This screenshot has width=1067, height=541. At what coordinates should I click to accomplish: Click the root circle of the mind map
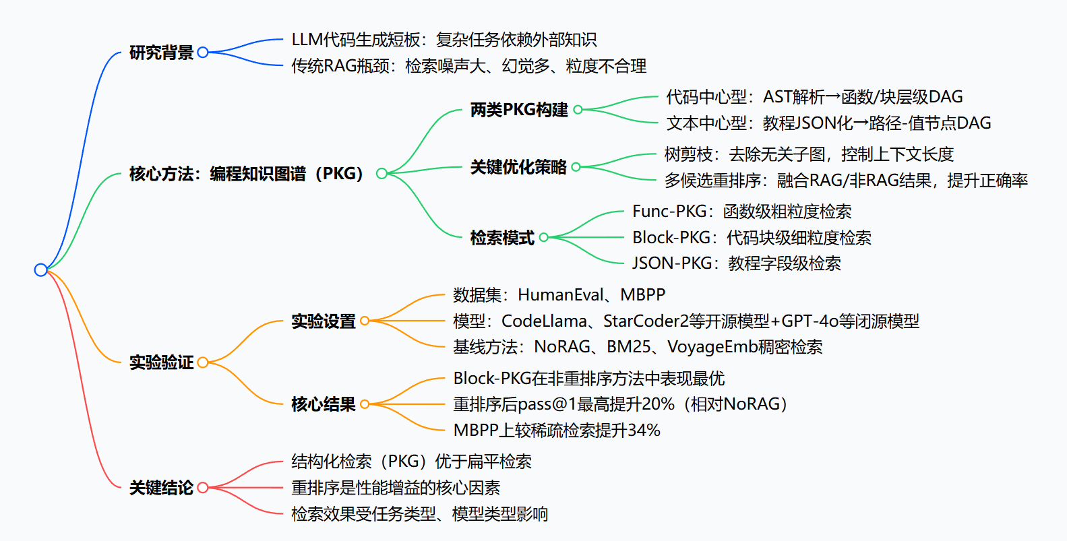click(40, 269)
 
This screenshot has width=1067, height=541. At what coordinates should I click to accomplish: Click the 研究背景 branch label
click(161, 53)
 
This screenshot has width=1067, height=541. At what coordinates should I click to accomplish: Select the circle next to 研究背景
click(202, 53)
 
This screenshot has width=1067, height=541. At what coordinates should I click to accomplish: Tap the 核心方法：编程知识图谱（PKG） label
click(247, 174)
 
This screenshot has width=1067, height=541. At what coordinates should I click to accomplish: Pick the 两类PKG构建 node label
click(519, 109)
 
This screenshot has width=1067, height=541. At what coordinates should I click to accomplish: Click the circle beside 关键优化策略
click(576, 167)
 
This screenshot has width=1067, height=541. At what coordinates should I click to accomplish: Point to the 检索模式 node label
click(502, 237)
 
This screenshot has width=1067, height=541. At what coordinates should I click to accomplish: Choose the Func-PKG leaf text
click(741, 212)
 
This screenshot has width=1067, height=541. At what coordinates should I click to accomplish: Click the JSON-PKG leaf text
click(736, 263)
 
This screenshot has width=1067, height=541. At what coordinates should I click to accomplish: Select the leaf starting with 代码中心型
click(814, 97)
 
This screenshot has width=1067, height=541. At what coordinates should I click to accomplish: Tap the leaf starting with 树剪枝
click(809, 154)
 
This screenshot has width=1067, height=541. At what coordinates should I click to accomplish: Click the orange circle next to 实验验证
click(202, 362)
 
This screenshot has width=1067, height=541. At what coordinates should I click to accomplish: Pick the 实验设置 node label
click(323, 321)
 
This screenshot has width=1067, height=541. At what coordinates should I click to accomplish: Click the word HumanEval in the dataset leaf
click(561, 295)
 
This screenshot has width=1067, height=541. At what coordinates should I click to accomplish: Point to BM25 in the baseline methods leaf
click(628, 347)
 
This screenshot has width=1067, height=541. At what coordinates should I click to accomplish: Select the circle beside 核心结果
click(365, 404)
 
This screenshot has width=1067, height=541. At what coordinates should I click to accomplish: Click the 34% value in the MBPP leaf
click(644, 431)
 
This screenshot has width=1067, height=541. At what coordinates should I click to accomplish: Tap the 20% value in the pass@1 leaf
click(657, 404)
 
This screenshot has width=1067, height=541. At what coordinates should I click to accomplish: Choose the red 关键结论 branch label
click(161, 488)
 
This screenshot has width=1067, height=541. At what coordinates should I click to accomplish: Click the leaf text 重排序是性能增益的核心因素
click(396, 488)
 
